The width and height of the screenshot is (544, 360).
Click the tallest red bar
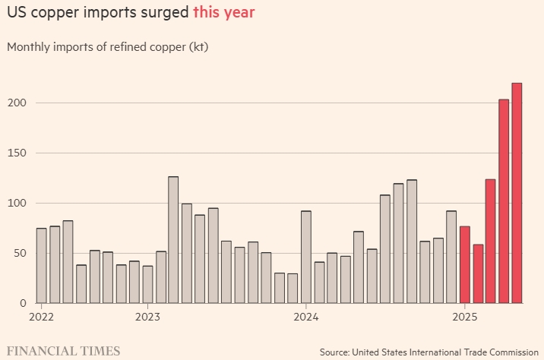(517, 193)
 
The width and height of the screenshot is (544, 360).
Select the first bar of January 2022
(41, 265)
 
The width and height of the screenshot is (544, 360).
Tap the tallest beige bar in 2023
(173, 239)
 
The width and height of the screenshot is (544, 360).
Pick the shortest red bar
(477, 273)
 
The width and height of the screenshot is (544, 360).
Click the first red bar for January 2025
(464, 264)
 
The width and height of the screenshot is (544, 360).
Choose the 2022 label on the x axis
(42, 317)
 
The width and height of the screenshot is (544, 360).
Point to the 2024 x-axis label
(305, 317)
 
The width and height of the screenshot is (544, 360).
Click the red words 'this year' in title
(223, 13)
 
